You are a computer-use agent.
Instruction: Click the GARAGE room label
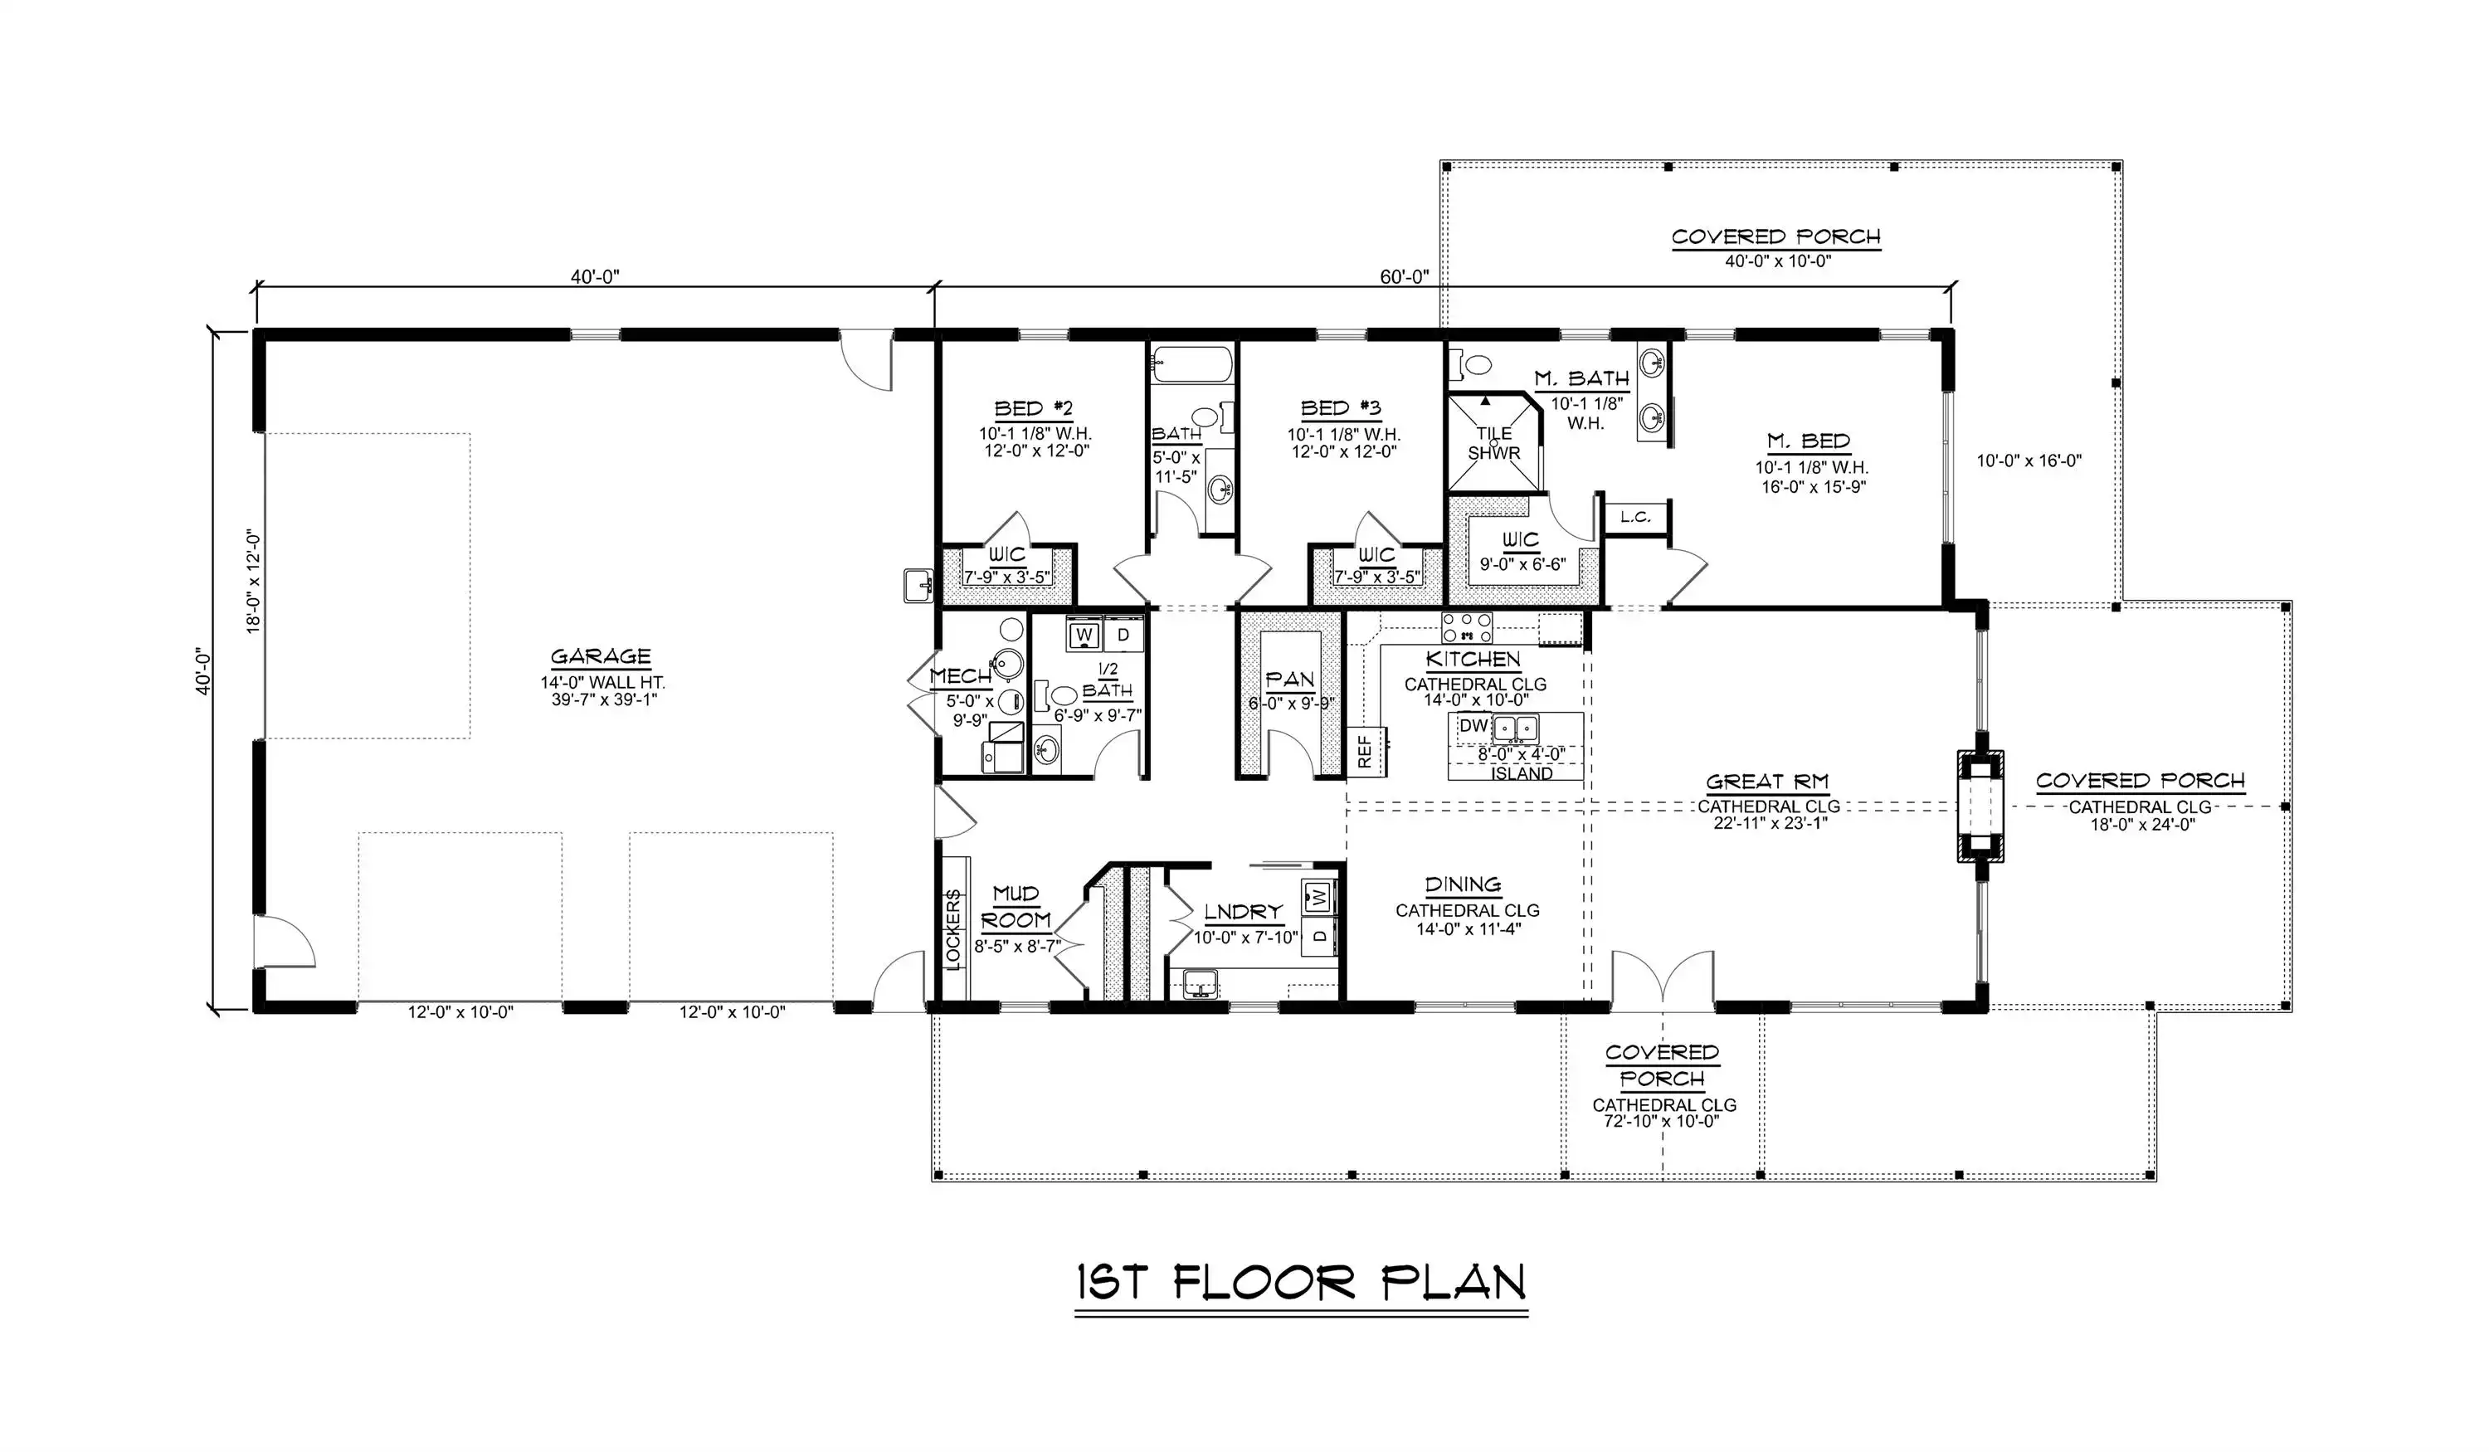[601, 657]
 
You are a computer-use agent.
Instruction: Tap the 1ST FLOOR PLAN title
[1301, 1282]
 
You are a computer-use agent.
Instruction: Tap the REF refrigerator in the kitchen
[1365, 752]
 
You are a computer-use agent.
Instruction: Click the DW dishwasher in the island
[1473, 726]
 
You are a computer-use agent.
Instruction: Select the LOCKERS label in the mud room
[953, 928]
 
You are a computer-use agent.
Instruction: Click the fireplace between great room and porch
[1980, 806]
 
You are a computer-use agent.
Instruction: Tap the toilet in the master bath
[1469, 365]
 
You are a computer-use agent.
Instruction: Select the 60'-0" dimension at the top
[1404, 276]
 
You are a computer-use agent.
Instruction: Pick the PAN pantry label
[1290, 680]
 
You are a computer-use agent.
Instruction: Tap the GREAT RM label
[1768, 782]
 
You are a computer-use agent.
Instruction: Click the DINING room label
[1463, 885]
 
